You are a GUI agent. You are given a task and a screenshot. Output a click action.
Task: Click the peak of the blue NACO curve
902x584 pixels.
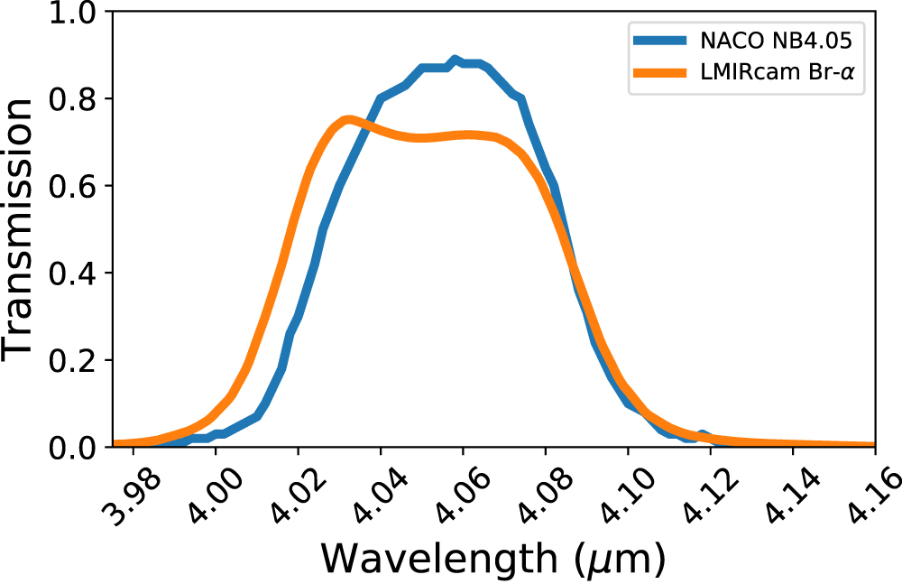click(x=456, y=60)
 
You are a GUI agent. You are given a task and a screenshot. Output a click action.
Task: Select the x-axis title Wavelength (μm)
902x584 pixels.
click(x=493, y=560)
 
